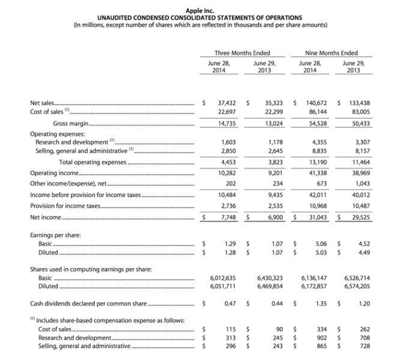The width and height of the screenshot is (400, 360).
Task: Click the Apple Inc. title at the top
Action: click(199, 10)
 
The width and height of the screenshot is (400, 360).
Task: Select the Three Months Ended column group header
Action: click(241, 53)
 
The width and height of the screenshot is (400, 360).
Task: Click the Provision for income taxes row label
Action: click(65, 205)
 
